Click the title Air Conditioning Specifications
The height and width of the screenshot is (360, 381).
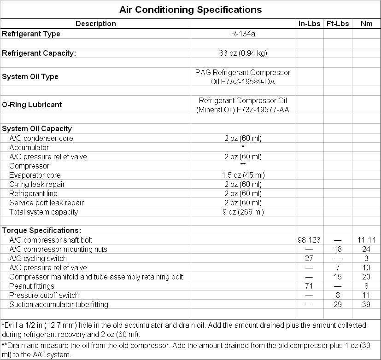pyautogui.click(x=190, y=10)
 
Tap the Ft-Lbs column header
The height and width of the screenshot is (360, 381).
pyautogui.click(x=338, y=23)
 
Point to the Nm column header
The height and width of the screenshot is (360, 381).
pyautogui.click(x=366, y=23)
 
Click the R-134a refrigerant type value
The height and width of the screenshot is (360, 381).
pyautogui.click(x=243, y=34)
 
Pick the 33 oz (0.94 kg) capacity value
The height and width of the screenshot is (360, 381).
pyautogui.click(x=243, y=53)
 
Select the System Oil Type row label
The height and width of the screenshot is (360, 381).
pyautogui.click(x=30, y=76)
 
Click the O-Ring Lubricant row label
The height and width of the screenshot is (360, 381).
pyautogui.click(x=32, y=105)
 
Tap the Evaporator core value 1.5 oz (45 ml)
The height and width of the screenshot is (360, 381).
pyautogui.click(x=243, y=175)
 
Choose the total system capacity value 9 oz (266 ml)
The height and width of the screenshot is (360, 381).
pyautogui.click(x=243, y=212)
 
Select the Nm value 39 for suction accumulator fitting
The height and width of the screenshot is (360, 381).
pyautogui.click(x=366, y=304)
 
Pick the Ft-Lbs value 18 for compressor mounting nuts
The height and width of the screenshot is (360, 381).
pyautogui.click(x=338, y=249)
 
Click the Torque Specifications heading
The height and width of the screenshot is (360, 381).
pyautogui.click(x=41, y=230)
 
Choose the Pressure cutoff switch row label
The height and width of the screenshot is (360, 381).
pyautogui.click(x=44, y=295)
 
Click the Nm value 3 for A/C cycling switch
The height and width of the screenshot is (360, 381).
pyautogui.click(x=366, y=258)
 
